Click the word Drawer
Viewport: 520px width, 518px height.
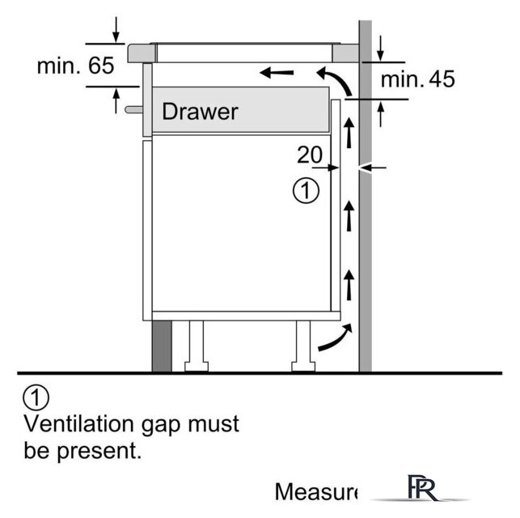(x=200, y=111)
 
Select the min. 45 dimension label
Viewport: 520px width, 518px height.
(x=417, y=79)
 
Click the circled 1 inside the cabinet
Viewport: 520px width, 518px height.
(x=305, y=191)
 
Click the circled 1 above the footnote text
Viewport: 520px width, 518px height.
(x=37, y=397)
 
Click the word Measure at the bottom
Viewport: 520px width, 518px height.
(x=316, y=491)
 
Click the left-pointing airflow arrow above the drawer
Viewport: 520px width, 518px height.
(x=277, y=74)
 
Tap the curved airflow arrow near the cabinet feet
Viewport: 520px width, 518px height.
(x=335, y=338)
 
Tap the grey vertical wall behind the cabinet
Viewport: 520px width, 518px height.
(x=365, y=243)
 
